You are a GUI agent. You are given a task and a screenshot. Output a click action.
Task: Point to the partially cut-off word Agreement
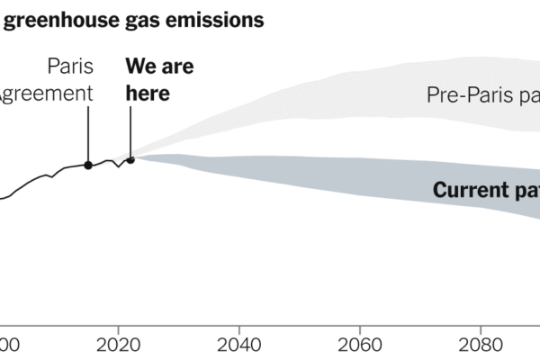pyautogui.click(x=45, y=93)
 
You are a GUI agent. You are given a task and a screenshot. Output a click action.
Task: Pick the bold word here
pyautogui.click(x=148, y=93)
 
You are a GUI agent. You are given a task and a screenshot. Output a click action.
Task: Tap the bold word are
pyautogui.click(x=177, y=67)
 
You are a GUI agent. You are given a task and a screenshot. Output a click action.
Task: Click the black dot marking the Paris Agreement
pyautogui.click(x=87, y=165)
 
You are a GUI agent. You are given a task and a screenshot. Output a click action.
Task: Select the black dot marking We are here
pyautogui.click(x=130, y=159)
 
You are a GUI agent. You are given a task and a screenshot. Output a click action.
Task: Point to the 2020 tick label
pyautogui.click(x=118, y=344)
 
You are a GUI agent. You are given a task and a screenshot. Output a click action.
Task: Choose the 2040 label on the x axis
pyautogui.click(x=238, y=344)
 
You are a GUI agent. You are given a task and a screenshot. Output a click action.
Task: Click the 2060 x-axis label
pyautogui.click(x=360, y=344)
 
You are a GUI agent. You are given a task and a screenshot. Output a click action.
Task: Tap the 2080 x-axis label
pyautogui.click(x=481, y=344)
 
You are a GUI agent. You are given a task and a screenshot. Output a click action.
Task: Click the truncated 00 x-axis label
pyautogui.click(x=7, y=344)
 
